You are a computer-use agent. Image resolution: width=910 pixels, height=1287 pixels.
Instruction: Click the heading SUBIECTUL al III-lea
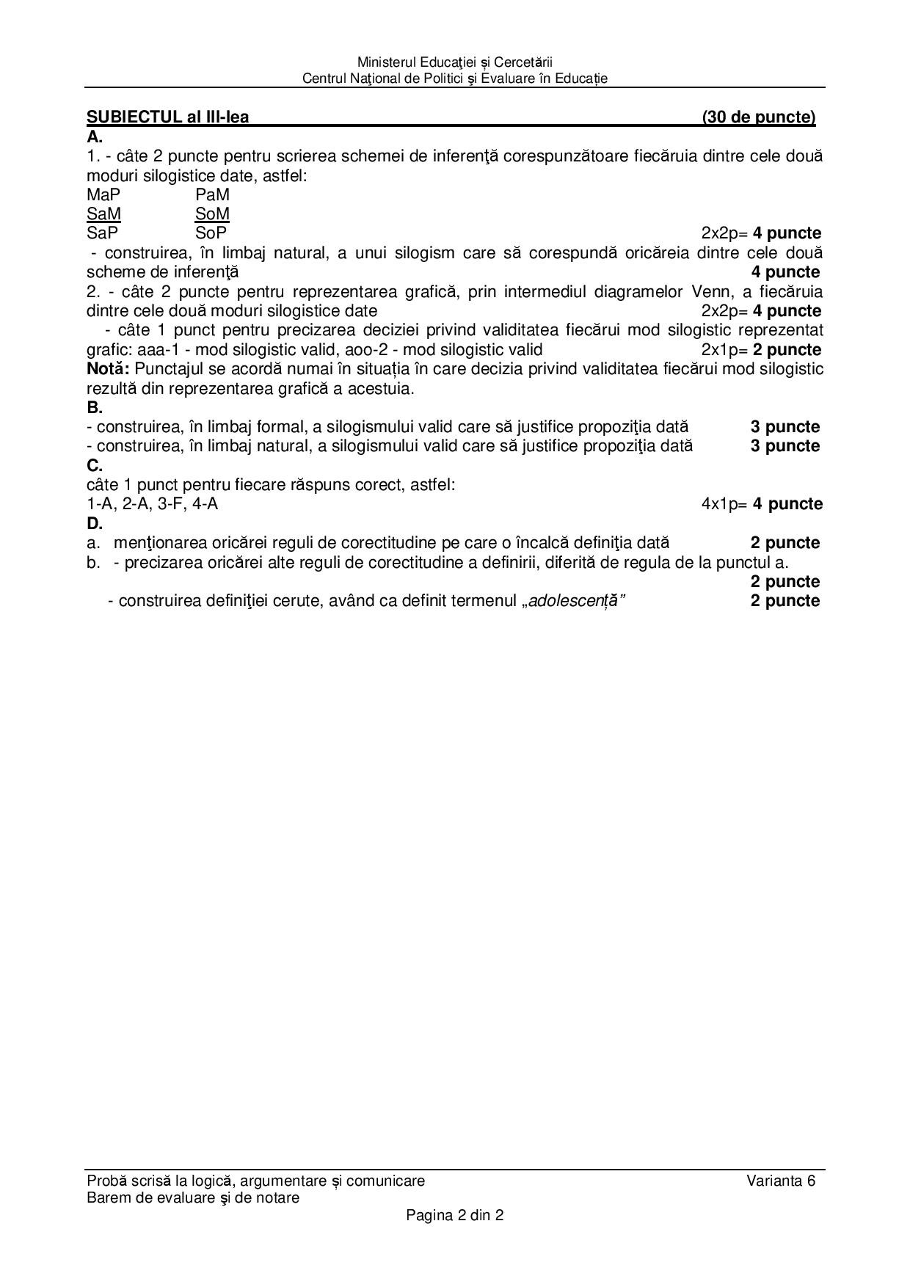click(x=167, y=117)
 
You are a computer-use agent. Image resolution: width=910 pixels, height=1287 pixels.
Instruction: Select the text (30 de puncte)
click(x=758, y=117)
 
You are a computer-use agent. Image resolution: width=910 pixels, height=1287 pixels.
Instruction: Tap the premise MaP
click(x=103, y=194)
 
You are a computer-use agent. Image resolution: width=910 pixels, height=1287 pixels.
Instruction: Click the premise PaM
click(x=212, y=194)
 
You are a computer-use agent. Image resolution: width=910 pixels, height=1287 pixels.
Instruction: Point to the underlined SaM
click(x=103, y=214)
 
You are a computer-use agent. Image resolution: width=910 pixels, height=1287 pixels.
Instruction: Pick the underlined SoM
click(x=212, y=214)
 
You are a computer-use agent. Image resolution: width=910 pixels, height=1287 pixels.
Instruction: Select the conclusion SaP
click(x=103, y=233)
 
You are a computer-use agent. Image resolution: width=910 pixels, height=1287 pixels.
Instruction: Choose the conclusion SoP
click(x=211, y=233)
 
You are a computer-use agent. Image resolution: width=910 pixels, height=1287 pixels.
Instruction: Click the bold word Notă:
click(x=108, y=368)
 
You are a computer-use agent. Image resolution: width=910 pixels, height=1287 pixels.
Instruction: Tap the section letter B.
click(x=94, y=407)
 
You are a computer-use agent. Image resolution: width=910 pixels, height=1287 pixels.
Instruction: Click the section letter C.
click(x=94, y=465)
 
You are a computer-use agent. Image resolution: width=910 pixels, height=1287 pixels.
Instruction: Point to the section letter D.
click(x=94, y=523)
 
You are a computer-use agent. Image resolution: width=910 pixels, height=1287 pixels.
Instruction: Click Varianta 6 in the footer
click(x=781, y=1181)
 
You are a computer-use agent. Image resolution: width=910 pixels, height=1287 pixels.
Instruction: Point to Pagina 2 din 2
click(x=455, y=1215)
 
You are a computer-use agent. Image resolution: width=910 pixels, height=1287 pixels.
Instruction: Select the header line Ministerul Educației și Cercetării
click(x=455, y=62)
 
